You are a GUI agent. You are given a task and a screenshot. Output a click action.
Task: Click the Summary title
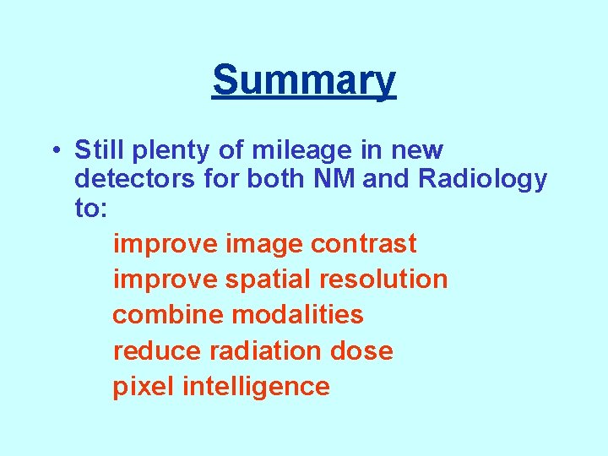(304, 81)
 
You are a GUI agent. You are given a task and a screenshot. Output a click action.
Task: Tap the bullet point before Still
(53, 151)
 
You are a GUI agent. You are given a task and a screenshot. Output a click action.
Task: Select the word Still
(98, 150)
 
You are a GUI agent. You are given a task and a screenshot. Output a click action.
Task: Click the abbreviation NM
(334, 179)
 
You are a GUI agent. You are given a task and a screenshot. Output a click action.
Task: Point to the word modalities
(297, 315)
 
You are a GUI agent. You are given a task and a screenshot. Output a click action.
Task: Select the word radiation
(267, 350)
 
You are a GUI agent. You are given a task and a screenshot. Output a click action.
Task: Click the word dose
(362, 350)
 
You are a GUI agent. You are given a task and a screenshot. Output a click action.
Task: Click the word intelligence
(256, 388)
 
